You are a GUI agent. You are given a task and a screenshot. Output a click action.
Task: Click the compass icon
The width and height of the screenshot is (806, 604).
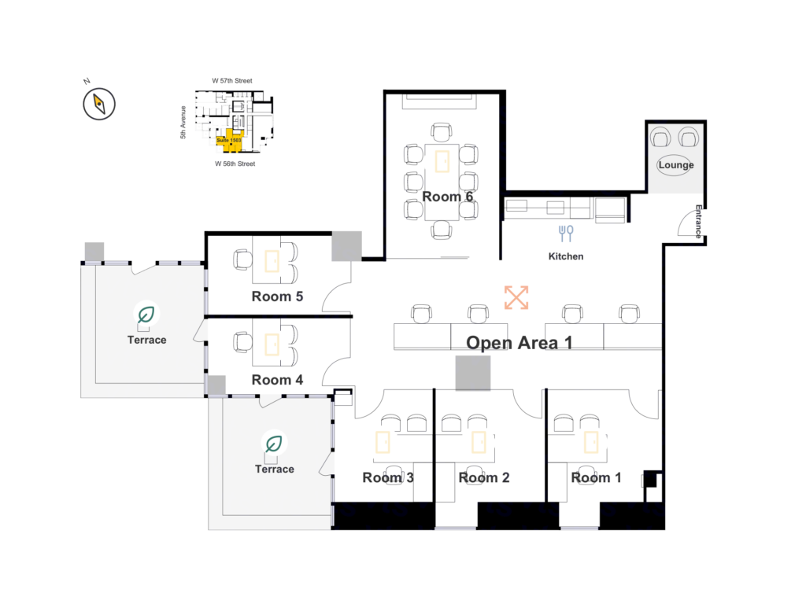click(x=99, y=105)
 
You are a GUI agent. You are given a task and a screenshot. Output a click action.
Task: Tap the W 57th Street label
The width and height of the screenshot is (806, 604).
click(x=232, y=81)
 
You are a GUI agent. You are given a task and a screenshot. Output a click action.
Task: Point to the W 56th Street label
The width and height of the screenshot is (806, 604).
click(x=235, y=164)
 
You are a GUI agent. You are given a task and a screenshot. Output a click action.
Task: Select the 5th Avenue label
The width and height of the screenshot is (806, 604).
click(x=183, y=122)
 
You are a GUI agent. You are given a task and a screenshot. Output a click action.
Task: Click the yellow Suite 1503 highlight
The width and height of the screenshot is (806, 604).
click(x=229, y=142)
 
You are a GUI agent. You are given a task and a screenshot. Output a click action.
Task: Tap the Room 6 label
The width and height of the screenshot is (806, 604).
click(x=447, y=197)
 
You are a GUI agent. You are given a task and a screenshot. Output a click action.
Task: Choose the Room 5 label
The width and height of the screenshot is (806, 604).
click(x=277, y=296)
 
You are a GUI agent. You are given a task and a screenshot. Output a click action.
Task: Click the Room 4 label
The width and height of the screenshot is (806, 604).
click(x=277, y=380)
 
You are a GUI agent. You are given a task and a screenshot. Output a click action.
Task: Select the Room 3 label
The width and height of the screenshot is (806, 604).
click(x=388, y=477)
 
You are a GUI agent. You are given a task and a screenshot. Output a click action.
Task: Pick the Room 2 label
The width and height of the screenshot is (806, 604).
click(x=484, y=477)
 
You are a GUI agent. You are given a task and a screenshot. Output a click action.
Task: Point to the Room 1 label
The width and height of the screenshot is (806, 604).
click(x=597, y=477)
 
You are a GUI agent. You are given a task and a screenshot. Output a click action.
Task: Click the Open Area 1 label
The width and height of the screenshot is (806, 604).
click(x=519, y=343)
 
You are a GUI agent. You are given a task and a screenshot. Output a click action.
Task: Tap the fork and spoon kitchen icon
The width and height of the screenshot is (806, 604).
click(x=566, y=234)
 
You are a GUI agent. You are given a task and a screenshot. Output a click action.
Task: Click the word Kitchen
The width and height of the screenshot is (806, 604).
click(x=566, y=256)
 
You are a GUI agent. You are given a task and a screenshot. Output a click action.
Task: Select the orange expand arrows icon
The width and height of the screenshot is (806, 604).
click(x=516, y=297)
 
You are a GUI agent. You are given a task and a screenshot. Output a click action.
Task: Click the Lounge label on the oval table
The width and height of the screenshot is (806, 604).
click(x=676, y=165)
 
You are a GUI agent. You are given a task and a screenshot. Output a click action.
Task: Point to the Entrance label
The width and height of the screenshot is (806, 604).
click(x=699, y=221)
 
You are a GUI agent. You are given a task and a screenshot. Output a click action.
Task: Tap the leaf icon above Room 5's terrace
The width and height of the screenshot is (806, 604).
click(x=146, y=315)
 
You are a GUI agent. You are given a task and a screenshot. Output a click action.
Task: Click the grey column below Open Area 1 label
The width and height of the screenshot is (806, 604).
click(x=473, y=374)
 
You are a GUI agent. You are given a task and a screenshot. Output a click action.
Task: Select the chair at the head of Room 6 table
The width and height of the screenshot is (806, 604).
click(x=442, y=132)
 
